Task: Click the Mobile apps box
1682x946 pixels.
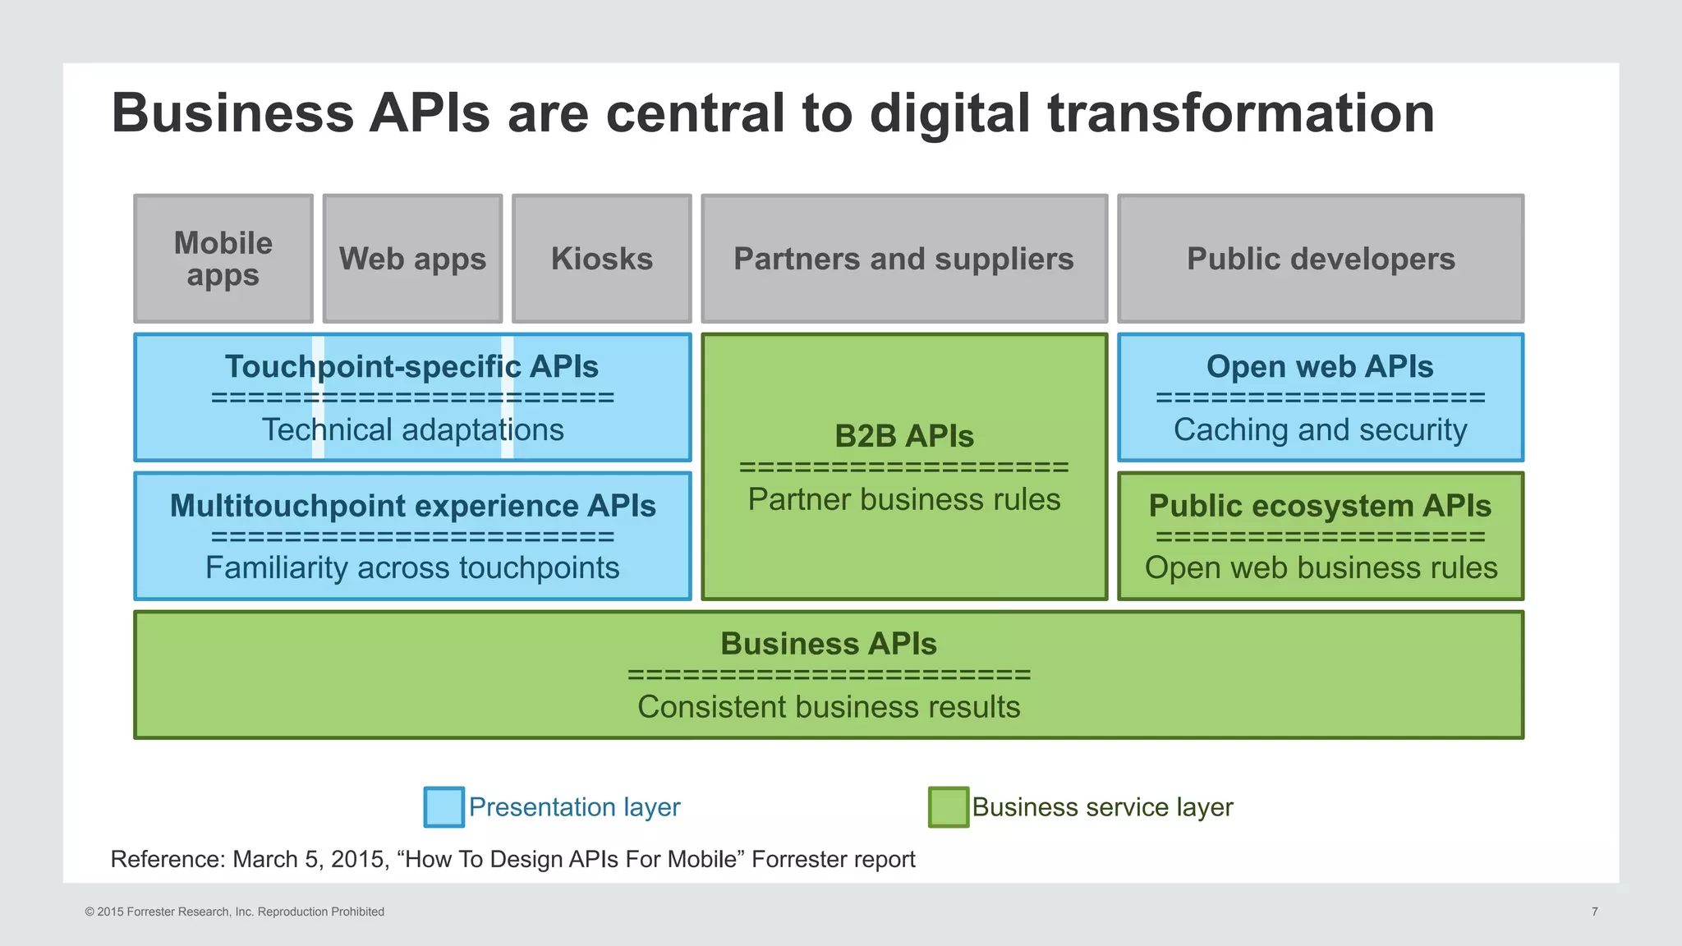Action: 223,259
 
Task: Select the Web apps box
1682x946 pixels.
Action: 412,259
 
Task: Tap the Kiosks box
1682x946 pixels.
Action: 602,259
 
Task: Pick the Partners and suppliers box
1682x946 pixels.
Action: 903,259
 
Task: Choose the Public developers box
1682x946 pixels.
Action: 1321,259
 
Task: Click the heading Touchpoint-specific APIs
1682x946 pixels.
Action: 412,366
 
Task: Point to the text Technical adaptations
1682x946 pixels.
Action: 412,429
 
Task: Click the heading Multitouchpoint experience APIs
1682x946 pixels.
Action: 412,505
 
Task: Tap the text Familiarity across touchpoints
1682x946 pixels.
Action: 412,567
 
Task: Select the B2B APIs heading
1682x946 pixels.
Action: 903,436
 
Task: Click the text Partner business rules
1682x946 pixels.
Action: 903,499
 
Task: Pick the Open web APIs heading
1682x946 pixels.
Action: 1320,366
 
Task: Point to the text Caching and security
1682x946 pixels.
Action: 1320,429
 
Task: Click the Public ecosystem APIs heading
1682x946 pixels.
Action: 1320,505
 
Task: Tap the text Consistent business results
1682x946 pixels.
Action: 829,706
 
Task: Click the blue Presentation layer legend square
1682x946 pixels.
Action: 443,806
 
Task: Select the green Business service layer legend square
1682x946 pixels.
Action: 948,806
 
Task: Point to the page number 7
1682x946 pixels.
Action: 1594,912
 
